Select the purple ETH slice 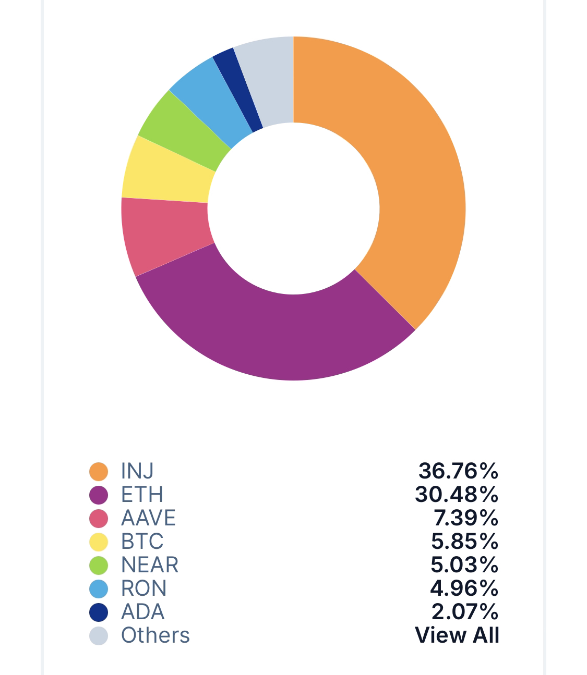tap(277, 334)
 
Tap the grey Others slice tap(269, 81)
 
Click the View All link tap(457, 635)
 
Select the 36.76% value tap(458, 471)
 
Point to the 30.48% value tap(456, 494)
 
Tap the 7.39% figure tap(465, 518)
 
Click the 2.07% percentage tap(464, 611)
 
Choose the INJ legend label tap(137, 471)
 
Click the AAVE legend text tap(148, 518)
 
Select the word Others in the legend tap(155, 635)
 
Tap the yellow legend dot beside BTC tap(99, 542)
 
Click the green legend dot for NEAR tap(99, 565)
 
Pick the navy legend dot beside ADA tap(99, 612)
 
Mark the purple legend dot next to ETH tap(99, 495)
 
